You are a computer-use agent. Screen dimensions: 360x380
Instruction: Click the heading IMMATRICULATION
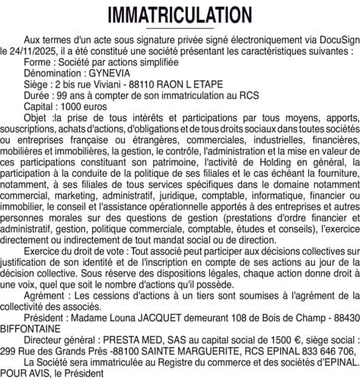tap(180, 15)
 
